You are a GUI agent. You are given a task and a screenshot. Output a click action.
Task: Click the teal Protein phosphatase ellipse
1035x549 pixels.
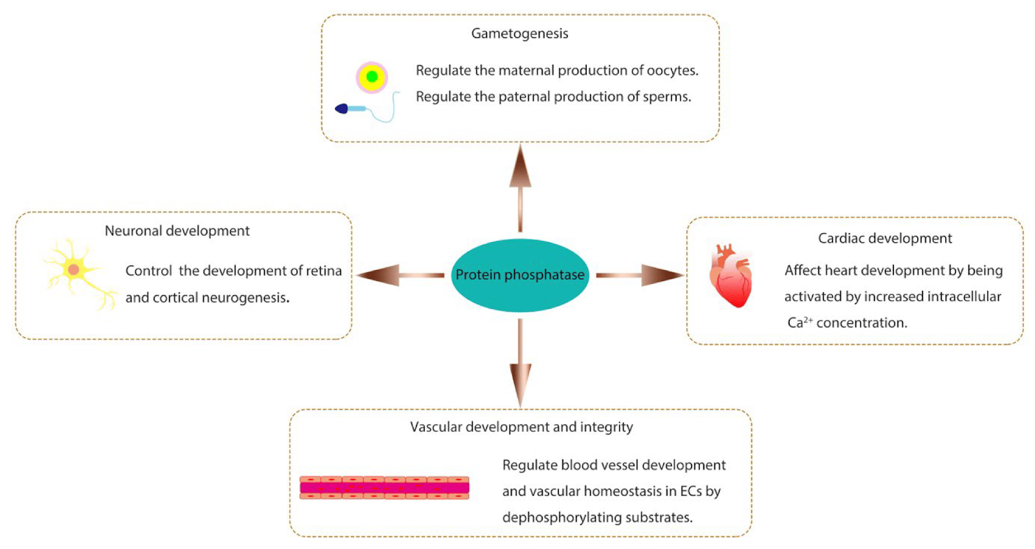(519, 275)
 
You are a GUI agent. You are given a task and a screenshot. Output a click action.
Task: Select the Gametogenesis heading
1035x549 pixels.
(519, 34)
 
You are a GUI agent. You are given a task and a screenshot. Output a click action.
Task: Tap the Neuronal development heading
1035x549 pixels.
(177, 231)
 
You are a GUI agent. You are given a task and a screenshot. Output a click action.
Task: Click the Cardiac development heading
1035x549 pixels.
(884, 238)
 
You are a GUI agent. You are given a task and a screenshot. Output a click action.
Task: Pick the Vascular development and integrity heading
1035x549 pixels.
(521, 427)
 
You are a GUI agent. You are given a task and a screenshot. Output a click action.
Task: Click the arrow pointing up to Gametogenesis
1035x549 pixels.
(520, 188)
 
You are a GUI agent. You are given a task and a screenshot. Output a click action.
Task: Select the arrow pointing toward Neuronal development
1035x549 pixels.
(398, 275)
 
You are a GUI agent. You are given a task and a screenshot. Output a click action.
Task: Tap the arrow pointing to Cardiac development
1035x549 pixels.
(640, 275)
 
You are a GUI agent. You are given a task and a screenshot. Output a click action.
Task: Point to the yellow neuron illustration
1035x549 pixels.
(74, 271)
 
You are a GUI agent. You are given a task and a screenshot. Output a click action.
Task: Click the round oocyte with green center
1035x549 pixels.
(372, 77)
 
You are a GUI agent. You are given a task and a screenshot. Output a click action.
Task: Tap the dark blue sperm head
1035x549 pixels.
(342, 109)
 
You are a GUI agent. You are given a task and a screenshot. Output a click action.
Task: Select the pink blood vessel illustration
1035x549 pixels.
(384, 488)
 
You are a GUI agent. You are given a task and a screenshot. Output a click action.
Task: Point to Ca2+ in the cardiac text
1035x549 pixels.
(800, 322)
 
